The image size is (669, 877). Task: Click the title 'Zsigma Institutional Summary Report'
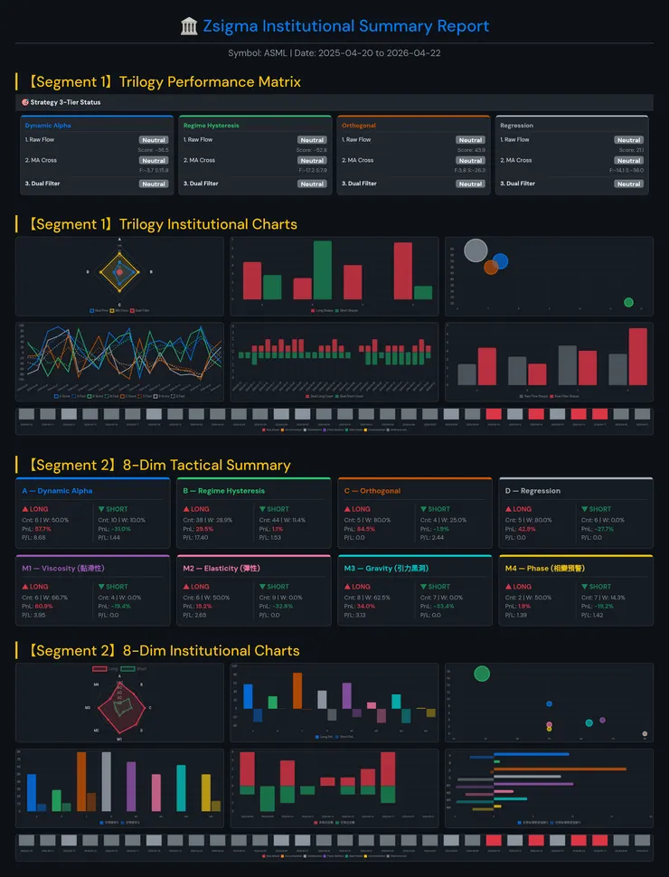(x=345, y=26)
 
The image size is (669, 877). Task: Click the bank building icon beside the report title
(x=190, y=26)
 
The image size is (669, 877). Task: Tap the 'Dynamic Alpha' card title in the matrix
(x=48, y=126)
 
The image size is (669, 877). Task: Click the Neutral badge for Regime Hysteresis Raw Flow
(x=312, y=140)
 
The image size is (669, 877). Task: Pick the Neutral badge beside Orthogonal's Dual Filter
(x=470, y=184)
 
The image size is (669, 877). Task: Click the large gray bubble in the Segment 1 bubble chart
(x=476, y=250)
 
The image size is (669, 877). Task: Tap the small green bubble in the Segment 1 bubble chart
(x=628, y=302)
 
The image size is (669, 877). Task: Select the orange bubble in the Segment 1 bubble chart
(x=491, y=267)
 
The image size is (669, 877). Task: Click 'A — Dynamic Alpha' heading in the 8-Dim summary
(x=57, y=491)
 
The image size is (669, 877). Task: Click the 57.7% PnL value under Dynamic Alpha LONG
(x=43, y=528)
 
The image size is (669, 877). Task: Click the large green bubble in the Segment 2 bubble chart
(x=482, y=673)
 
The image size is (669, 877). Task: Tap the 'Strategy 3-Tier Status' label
(x=65, y=102)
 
